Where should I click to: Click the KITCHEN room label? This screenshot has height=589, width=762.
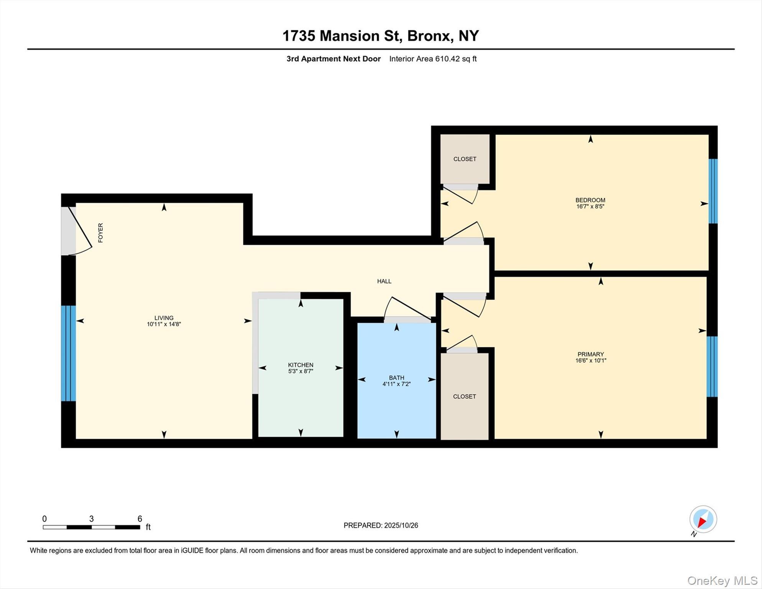click(301, 365)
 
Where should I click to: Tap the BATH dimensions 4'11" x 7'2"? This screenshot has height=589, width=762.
click(396, 384)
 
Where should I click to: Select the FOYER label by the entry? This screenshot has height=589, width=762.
click(100, 233)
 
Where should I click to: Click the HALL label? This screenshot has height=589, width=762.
click(384, 281)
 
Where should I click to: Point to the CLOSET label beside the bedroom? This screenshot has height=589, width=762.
click(465, 159)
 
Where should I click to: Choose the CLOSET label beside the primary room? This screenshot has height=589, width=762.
click(464, 397)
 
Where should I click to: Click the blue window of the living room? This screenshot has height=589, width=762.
click(68, 353)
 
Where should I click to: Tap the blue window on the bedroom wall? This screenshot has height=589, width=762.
click(713, 191)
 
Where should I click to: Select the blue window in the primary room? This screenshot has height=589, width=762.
click(712, 366)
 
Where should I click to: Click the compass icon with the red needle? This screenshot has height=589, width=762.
click(703, 520)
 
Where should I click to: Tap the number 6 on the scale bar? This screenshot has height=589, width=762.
click(140, 519)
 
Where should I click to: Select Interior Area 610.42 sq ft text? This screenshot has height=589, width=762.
click(433, 59)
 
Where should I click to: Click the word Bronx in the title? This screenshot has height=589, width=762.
click(428, 36)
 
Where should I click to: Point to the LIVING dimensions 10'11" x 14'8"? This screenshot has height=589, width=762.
click(164, 324)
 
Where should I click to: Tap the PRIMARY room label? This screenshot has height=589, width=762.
click(590, 354)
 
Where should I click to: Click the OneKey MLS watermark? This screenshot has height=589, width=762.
click(722, 581)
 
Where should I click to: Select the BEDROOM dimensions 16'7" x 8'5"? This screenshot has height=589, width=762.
click(590, 206)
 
